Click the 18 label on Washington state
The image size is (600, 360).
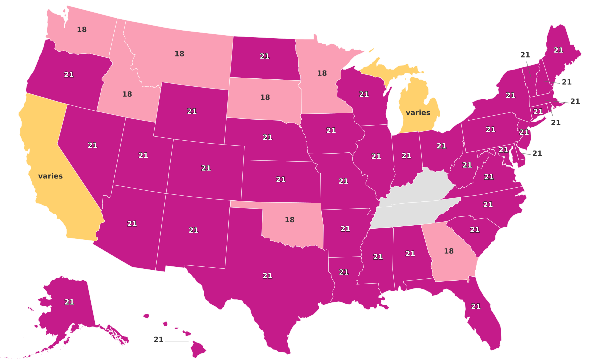click(x=82, y=29)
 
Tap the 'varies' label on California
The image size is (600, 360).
click(x=50, y=176)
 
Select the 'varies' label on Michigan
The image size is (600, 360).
click(x=418, y=112)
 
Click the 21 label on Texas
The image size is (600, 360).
click(x=267, y=275)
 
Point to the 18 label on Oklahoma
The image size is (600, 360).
click(x=290, y=219)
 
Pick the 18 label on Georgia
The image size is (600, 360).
click(x=449, y=251)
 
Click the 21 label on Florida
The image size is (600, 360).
click(x=476, y=306)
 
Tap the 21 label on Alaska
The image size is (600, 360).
click(x=69, y=302)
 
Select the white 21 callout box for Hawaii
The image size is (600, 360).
click(x=159, y=340)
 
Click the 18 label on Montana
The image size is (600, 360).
click(x=179, y=53)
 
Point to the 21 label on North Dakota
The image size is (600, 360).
click(x=265, y=56)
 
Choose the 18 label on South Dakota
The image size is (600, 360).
click(x=265, y=97)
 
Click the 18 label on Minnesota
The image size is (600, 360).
click(x=322, y=73)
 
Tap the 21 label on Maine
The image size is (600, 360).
click(x=558, y=50)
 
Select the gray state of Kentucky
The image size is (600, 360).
click(x=420, y=187)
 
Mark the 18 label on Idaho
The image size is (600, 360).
click(x=127, y=94)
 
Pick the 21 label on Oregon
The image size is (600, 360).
click(x=69, y=74)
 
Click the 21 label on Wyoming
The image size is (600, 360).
click(x=192, y=111)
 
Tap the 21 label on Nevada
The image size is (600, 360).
click(x=92, y=145)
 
